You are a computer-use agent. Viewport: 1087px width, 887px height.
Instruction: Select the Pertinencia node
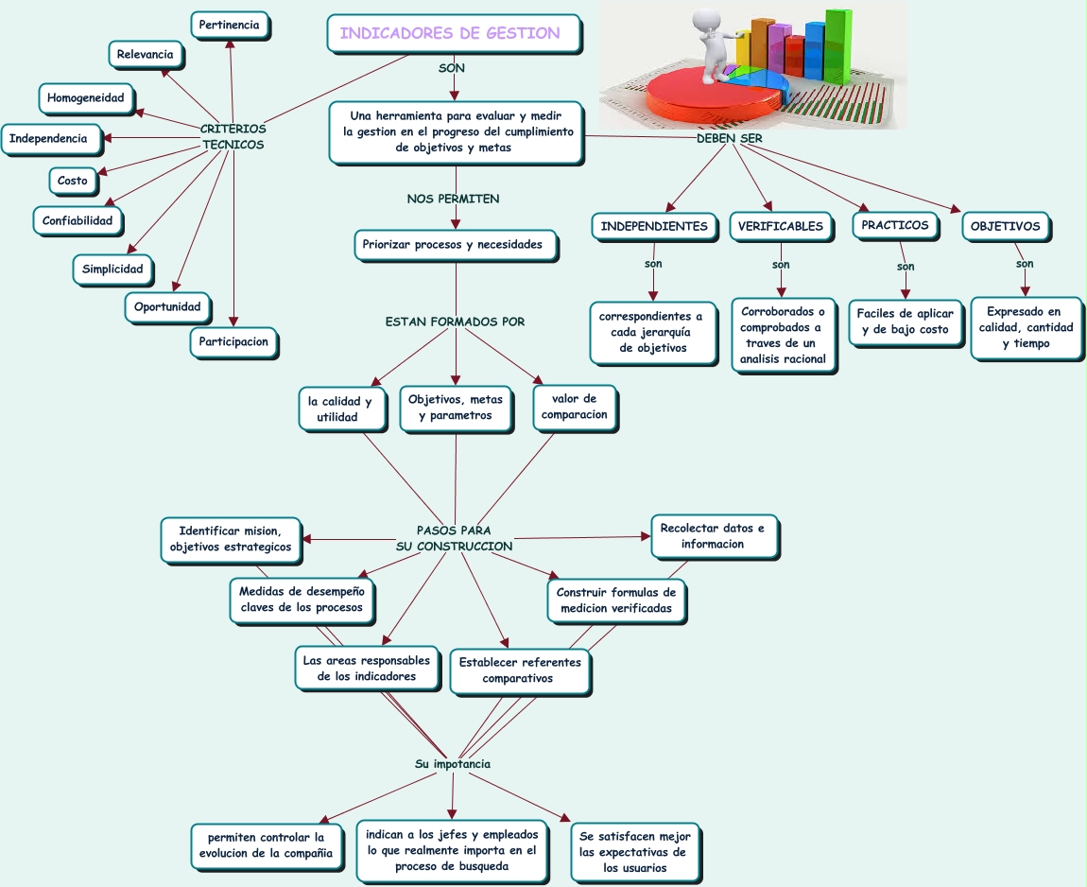(x=229, y=25)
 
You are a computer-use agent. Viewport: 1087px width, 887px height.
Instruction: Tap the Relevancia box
(x=145, y=55)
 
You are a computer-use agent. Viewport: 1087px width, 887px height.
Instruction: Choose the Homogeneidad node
(x=85, y=97)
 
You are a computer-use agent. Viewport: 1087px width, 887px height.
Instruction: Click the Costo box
(x=72, y=180)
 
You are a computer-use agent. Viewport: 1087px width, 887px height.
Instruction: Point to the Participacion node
(x=233, y=341)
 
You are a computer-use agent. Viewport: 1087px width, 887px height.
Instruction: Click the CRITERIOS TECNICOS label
(x=233, y=137)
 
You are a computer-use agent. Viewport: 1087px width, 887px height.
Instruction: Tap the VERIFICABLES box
(x=780, y=227)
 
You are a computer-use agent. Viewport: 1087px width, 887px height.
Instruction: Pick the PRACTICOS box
(x=894, y=226)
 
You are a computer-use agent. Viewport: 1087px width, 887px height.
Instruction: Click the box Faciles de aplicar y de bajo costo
(x=905, y=322)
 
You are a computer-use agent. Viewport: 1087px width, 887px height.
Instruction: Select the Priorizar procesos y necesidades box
(x=452, y=244)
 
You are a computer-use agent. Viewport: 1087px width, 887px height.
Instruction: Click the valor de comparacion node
(x=574, y=407)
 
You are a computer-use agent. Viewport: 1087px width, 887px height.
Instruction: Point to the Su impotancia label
(x=453, y=764)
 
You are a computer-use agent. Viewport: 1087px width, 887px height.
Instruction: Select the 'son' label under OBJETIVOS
(x=1025, y=264)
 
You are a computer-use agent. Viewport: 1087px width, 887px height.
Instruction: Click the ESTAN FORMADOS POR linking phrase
(x=455, y=322)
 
